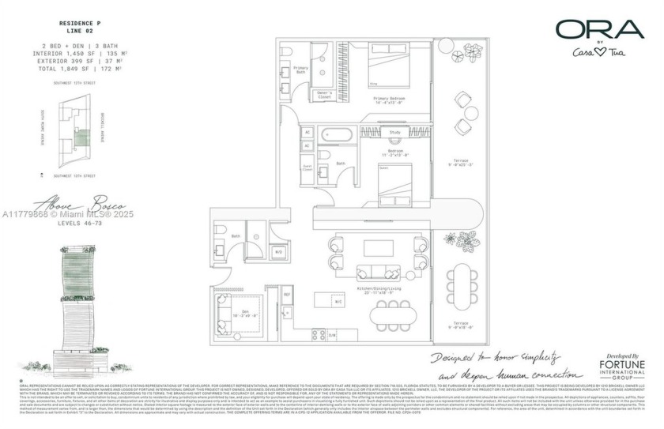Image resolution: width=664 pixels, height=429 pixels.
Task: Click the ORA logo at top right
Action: [x=598, y=30]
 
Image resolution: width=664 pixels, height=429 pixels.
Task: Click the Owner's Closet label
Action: [x=322, y=96]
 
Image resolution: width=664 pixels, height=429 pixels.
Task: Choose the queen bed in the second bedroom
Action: [x=394, y=178]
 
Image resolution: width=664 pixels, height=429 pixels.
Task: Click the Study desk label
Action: [x=395, y=132]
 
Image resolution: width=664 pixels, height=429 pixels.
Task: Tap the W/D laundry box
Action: [x=278, y=252]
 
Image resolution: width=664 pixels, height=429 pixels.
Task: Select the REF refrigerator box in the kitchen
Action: [x=288, y=295]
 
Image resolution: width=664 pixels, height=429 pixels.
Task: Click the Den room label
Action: [x=235, y=314]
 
